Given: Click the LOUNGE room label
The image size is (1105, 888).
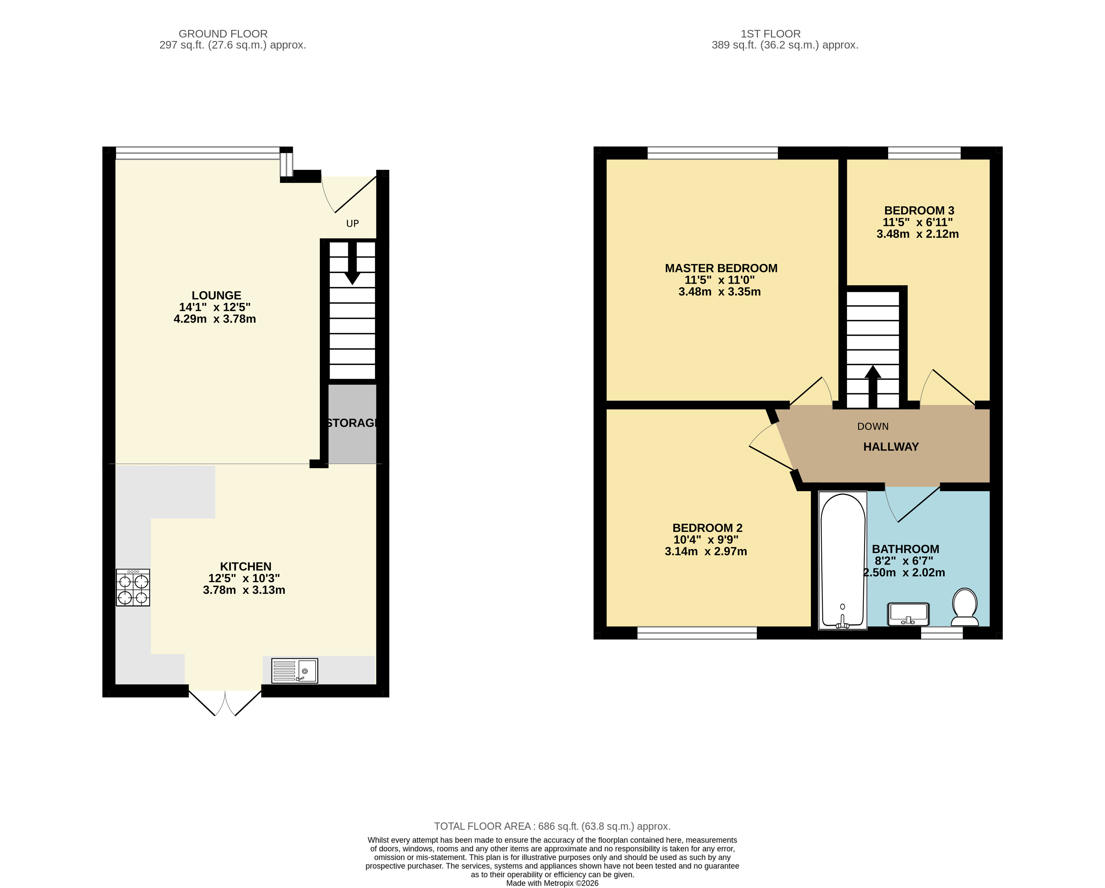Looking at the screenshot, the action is [x=216, y=296].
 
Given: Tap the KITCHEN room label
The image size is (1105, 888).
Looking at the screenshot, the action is [x=245, y=566].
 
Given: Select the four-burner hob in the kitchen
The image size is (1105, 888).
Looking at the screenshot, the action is [x=133, y=588].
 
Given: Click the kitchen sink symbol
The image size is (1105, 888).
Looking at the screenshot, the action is [x=295, y=670].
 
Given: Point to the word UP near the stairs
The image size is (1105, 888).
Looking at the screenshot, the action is [x=353, y=223].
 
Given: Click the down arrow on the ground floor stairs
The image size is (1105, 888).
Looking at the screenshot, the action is [x=352, y=263].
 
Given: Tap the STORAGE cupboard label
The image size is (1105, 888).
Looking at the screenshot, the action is [x=352, y=423].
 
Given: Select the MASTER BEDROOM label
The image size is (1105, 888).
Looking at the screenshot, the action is [x=721, y=268].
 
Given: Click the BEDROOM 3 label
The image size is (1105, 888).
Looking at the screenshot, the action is [x=919, y=211].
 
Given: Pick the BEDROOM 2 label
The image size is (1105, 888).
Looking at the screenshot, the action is [x=707, y=528].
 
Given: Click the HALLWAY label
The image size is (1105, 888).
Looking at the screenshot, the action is [x=891, y=447].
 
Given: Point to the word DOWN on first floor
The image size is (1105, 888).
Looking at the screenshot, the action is [x=873, y=427].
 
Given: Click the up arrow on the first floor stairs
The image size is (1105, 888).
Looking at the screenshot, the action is [x=873, y=386].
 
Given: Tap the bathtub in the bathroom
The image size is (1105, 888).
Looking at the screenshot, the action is [x=843, y=560].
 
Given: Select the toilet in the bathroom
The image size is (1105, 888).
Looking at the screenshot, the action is [x=964, y=607].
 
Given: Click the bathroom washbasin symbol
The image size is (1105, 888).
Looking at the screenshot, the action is [x=908, y=614].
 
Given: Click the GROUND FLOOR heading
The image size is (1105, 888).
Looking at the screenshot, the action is [x=223, y=34].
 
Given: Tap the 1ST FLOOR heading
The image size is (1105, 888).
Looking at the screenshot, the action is [x=770, y=34].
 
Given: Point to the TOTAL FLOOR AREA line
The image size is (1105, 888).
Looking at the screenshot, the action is [x=552, y=827].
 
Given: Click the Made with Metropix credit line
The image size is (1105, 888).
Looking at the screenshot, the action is [x=552, y=883].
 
